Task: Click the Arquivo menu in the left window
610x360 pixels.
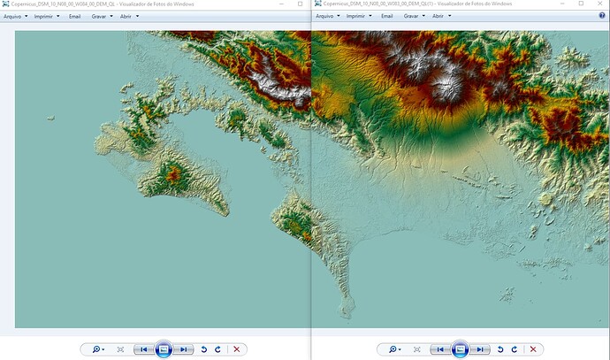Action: (15, 16)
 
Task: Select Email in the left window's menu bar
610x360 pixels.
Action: (74, 16)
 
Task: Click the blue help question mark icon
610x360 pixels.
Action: (602, 16)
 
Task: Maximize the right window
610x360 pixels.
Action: (580, 4)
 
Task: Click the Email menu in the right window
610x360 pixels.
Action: (386, 16)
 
